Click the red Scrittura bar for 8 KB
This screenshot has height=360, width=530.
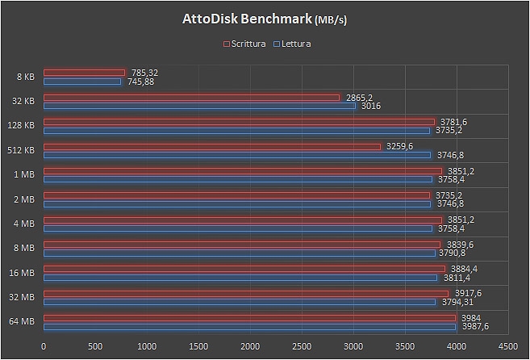[x=84, y=73]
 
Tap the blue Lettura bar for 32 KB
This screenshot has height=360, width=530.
[x=199, y=106]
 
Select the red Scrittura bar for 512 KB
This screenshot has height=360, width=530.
[x=211, y=146]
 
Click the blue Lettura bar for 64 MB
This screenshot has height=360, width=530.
[x=249, y=326]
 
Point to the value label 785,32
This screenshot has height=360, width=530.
[x=144, y=72]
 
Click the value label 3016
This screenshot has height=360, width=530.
[x=370, y=106]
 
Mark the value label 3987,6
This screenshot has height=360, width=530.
[x=474, y=326]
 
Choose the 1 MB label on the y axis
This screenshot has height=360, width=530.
[x=23, y=175]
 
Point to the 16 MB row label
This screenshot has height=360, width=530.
[x=22, y=273]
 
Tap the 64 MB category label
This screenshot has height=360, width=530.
[x=22, y=322]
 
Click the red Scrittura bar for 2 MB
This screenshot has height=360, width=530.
[x=236, y=195]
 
